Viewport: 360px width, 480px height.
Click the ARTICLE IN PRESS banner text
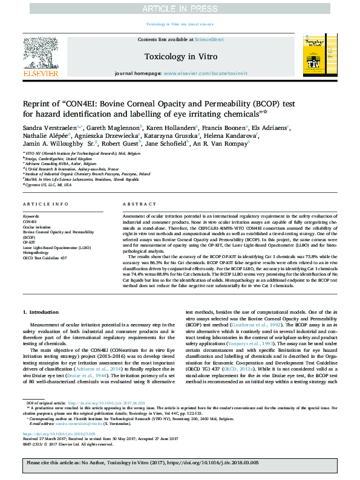pos(180,8)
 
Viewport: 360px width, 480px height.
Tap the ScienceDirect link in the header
pos(209,39)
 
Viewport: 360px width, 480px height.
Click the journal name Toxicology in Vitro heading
pos(180,56)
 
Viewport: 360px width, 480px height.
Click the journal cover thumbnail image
pos(319,56)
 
